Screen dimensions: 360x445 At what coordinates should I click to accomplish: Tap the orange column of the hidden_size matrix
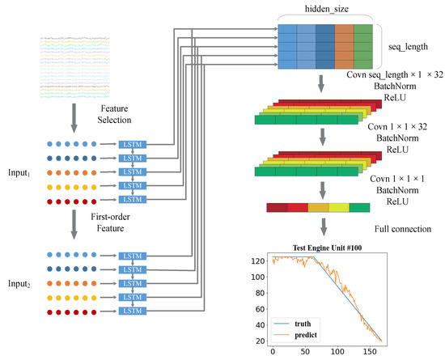point(343,45)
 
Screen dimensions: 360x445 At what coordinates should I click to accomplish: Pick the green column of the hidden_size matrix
point(363,45)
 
